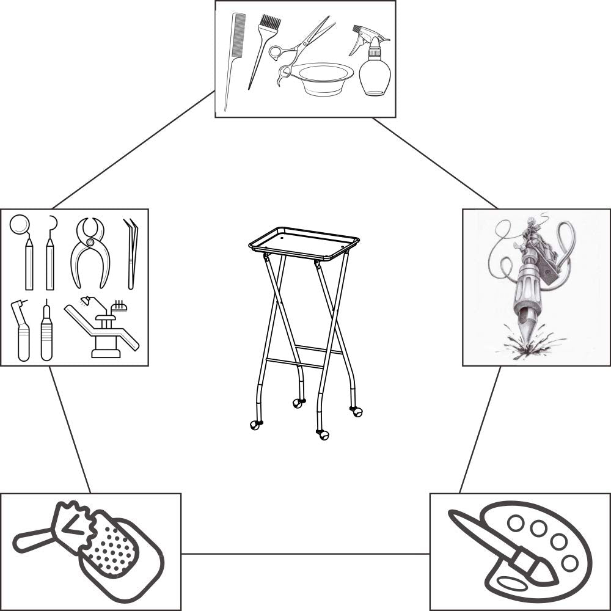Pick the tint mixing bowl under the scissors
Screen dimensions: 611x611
(321, 76)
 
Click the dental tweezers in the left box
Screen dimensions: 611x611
(131, 254)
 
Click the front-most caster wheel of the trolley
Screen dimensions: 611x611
(323, 435)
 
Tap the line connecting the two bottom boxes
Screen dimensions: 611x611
(305, 554)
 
